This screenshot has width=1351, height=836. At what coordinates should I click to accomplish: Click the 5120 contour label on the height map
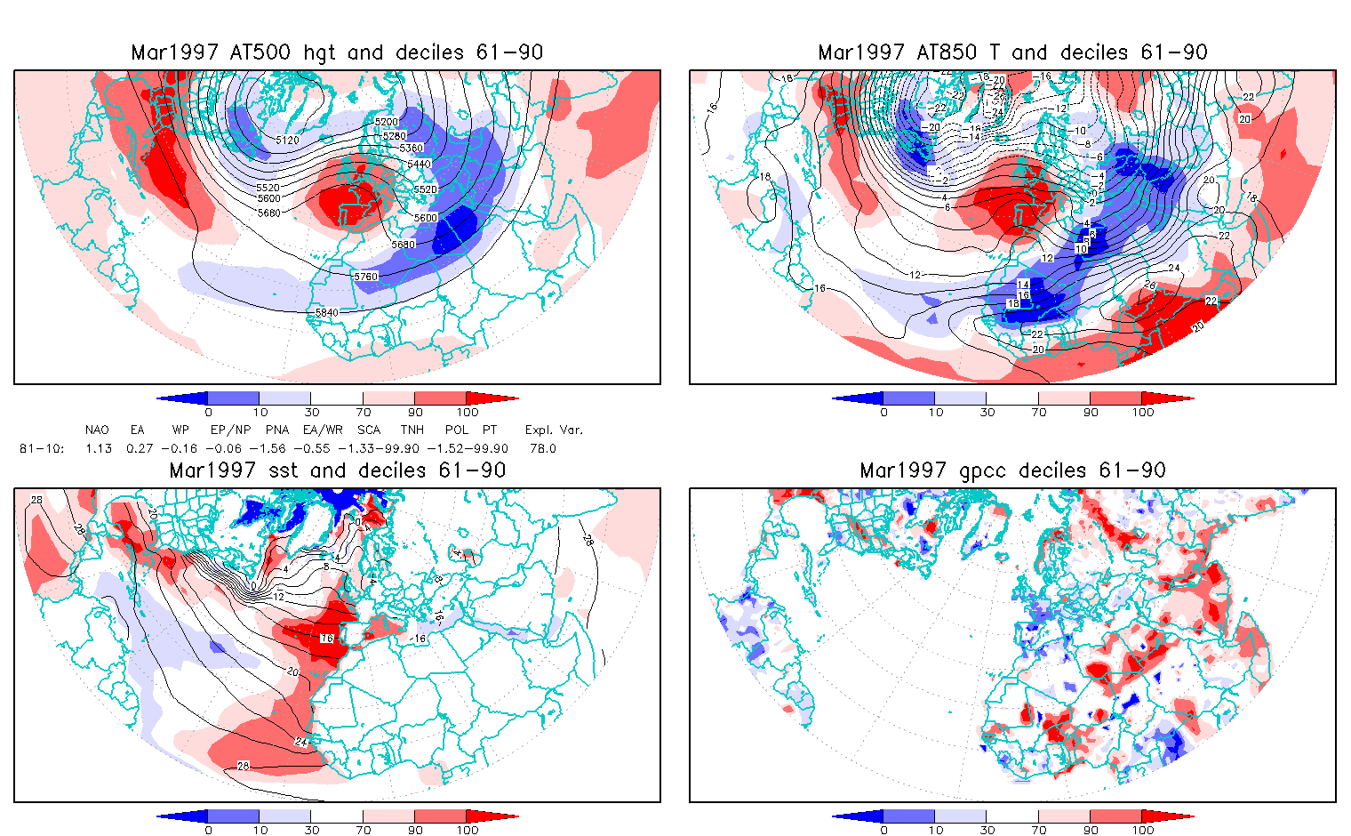coord(287,141)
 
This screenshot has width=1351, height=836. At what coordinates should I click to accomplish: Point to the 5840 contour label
coord(327,312)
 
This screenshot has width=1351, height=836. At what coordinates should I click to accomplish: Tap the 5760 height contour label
coord(365,277)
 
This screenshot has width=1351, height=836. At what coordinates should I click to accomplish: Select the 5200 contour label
coord(386,121)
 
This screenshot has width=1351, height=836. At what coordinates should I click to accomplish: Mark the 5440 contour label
coord(418,164)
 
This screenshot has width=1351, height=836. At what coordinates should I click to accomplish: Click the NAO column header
coord(97,430)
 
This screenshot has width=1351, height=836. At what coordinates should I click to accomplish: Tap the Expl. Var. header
coord(554,430)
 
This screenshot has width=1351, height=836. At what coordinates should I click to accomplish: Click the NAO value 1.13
coord(99,448)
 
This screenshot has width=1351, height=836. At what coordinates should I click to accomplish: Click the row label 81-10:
coord(42,448)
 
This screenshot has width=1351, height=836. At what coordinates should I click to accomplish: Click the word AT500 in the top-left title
coord(260,52)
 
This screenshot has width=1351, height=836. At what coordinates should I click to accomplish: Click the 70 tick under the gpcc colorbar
coord(1039,830)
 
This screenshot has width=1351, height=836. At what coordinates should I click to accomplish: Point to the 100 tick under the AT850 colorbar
coord(1143,412)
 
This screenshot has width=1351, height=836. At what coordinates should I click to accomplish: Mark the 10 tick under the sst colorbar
coord(260,830)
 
